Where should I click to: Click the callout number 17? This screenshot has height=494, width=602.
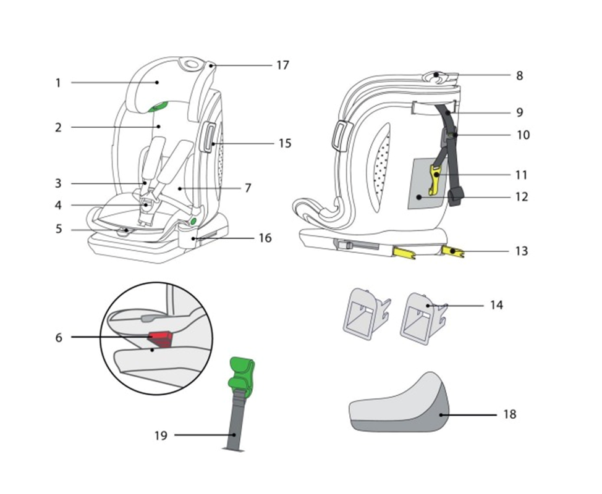click(282, 65)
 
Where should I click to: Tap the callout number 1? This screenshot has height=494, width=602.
click(58, 83)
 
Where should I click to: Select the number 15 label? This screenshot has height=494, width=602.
click(285, 143)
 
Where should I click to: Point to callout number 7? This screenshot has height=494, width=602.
click(248, 188)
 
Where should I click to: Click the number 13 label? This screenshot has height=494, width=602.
click(522, 251)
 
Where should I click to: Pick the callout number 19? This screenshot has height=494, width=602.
click(161, 436)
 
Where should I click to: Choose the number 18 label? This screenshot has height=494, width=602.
click(510, 414)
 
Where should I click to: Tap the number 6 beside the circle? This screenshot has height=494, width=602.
click(59, 338)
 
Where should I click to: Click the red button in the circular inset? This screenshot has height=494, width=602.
click(161, 338)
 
